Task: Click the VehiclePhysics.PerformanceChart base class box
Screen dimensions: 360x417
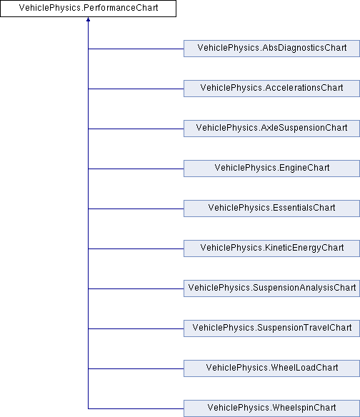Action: click(88, 9)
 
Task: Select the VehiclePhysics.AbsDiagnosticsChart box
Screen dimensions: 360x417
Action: click(271, 49)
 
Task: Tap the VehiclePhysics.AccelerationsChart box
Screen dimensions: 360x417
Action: click(271, 89)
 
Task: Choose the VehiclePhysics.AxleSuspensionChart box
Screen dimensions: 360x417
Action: click(271, 129)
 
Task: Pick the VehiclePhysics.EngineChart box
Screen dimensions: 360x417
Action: click(271, 169)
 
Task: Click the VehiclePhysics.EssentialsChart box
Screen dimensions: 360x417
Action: click(271, 208)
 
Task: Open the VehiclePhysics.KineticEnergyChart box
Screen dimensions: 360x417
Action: click(271, 248)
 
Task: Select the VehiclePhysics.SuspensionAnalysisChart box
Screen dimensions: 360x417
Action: click(271, 288)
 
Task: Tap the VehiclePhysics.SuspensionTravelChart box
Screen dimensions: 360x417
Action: click(271, 328)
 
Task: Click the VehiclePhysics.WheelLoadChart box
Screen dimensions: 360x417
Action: click(271, 368)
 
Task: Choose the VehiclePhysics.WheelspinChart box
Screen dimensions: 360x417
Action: click(271, 408)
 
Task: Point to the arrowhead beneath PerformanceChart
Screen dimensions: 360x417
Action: click(88, 19)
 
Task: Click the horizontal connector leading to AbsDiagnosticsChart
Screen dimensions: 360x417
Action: click(136, 49)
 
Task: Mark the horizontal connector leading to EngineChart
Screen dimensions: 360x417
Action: click(136, 169)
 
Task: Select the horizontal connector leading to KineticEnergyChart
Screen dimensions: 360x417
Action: click(136, 248)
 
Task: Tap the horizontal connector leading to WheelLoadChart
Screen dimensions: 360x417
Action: click(136, 368)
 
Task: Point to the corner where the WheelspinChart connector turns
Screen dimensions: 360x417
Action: click(88, 408)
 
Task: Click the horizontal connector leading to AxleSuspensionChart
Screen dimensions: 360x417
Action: click(136, 129)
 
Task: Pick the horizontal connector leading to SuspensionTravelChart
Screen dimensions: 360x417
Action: click(136, 328)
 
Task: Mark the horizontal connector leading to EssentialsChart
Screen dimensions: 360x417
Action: click(136, 208)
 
